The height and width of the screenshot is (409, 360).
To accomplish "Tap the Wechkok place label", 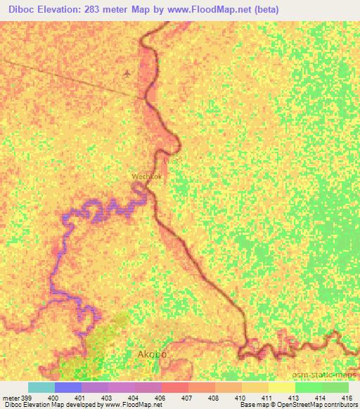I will click(x=147, y=176).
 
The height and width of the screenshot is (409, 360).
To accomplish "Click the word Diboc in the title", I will click(x=19, y=10).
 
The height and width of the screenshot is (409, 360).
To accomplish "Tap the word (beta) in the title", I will click(x=264, y=10).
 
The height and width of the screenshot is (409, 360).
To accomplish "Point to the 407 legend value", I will click(x=186, y=398).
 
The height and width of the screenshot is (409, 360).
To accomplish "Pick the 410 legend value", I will click(x=239, y=398).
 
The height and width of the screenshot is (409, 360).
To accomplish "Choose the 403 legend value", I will click(x=105, y=398).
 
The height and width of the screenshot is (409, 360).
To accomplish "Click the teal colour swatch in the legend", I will click(x=41, y=387).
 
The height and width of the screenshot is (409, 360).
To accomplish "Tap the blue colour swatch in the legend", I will click(x=68, y=387).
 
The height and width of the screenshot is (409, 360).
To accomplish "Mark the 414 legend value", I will click(x=320, y=398).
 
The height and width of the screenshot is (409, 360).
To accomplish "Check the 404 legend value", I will click(x=132, y=398).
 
